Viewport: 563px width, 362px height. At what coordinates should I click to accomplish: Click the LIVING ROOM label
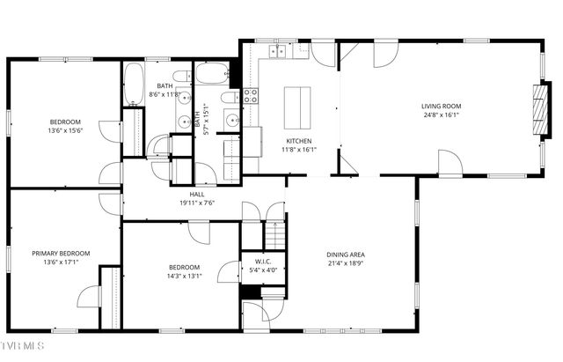(x=441, y=106)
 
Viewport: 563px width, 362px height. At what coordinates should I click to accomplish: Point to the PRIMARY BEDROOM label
(x=61, y=253)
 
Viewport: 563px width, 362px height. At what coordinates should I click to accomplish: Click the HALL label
(x=197, y=194)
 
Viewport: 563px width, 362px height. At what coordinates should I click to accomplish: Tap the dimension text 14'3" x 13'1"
(x=185, y=276)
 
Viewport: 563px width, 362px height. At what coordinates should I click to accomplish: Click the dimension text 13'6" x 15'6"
(x=65, y=129)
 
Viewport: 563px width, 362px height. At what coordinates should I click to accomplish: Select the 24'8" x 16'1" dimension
(x=441, y=115)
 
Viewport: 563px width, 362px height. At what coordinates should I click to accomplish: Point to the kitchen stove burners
(x=250, y=95)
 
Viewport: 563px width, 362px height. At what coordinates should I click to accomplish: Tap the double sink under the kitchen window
(x=280, y=53)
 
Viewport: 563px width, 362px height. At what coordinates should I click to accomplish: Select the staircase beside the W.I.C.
(x=276, y=236)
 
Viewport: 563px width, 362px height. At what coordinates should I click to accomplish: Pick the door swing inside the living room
(x=449, y=162)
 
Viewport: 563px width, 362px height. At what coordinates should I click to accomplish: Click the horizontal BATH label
(x=165, y=85)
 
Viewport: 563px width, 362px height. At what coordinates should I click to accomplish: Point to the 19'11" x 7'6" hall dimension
(x=197, y=203)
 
